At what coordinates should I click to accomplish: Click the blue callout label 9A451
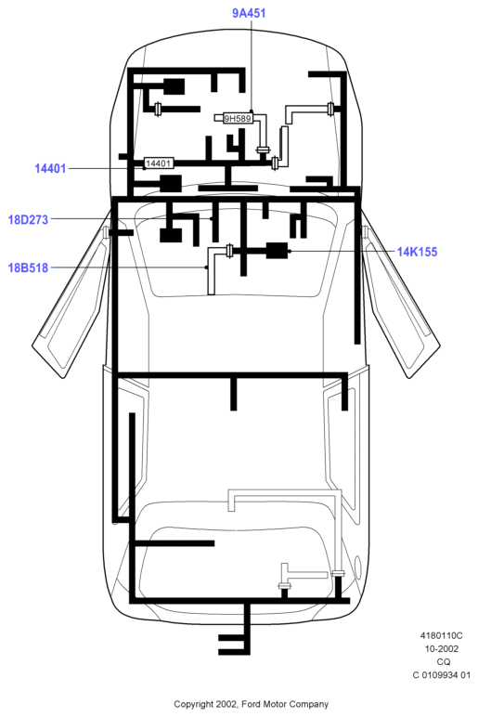pos(249,13)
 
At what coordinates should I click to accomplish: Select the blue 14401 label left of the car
pos(50,168)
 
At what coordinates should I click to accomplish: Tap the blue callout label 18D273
pos(28,219)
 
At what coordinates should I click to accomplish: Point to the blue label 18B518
pos(28,267)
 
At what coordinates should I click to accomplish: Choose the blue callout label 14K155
pos(417,252)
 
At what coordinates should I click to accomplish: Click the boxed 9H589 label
pos(238,119)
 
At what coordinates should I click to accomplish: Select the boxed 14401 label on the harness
pos(158,163)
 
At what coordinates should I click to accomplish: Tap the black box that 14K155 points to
pos(277,251)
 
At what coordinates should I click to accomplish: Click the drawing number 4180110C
pos(442,635)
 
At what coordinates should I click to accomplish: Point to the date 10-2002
pos(442,649)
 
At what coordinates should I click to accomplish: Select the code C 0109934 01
pos(442,675)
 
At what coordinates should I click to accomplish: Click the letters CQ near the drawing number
pos(444,661)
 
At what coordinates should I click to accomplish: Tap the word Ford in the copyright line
pos(250,704)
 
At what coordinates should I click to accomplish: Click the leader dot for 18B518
pos(206,267)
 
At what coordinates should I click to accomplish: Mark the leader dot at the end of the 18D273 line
pos(212,219)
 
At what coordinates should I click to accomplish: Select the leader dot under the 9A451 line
pos(252,112)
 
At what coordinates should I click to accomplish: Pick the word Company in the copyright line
pos(307,704)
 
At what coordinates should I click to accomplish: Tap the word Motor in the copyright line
pos(272,704)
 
